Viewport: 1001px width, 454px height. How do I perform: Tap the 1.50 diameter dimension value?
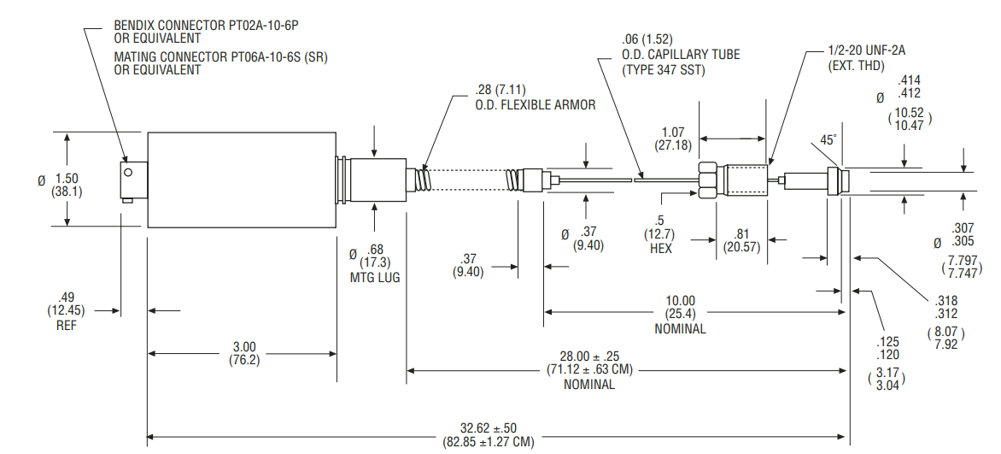[67, 179]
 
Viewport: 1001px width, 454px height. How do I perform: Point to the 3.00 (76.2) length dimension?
[244, 354]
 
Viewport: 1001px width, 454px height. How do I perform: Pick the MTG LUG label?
[375, 278]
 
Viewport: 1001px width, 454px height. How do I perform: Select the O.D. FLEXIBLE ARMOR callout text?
[535, 105]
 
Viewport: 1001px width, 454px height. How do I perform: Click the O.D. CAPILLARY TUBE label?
[682, 55]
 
